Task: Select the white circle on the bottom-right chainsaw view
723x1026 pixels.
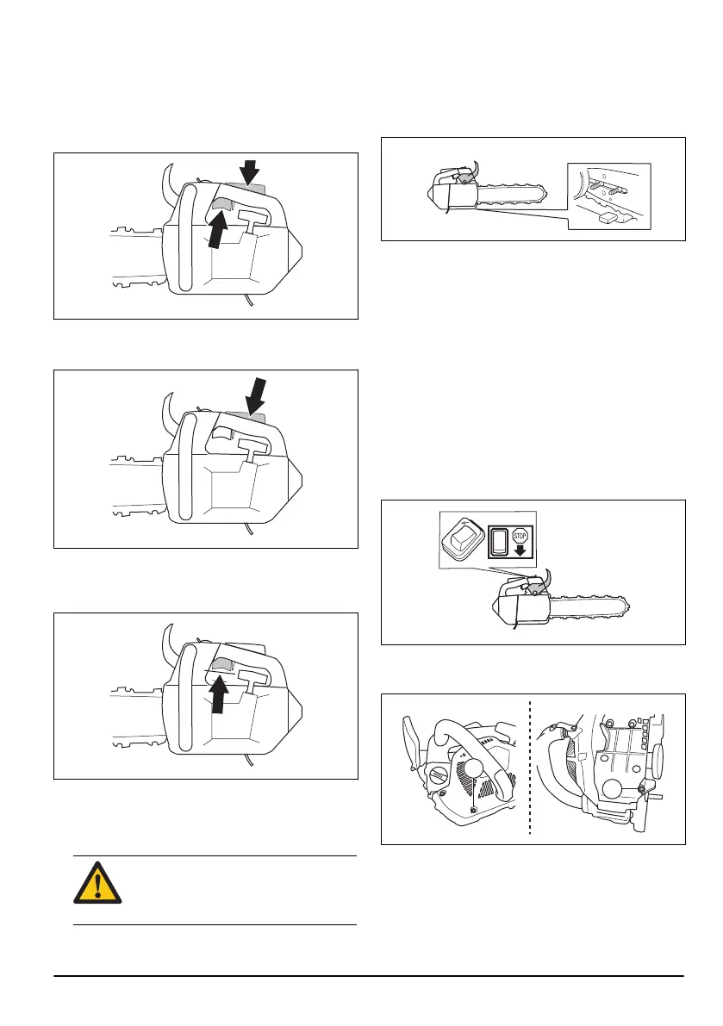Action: point(613,786)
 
